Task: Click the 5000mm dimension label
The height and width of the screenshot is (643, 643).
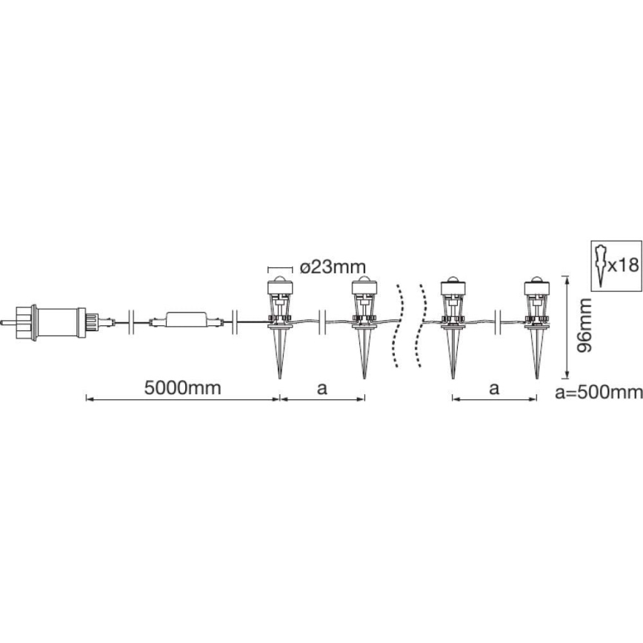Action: [x=182, y=388]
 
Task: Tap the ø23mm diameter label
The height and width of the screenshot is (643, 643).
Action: [x=333, y=267]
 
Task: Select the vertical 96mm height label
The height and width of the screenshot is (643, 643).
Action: [x=584, y=325]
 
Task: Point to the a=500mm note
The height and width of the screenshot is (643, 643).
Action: [x=599, y=393]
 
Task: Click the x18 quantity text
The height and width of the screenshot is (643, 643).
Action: [x=623, y=265]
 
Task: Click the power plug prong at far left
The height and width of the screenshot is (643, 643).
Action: [x=8, y=322]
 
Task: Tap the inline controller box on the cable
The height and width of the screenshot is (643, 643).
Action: [x=186, y=319]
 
